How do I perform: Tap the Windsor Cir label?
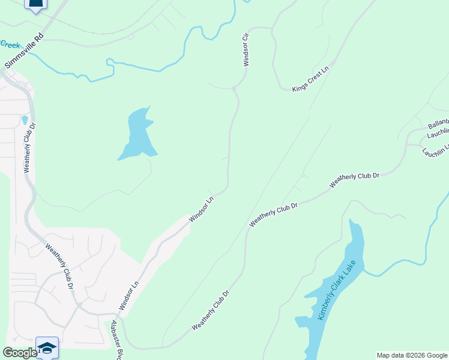click(246, 50)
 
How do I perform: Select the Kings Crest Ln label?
click(311, 79)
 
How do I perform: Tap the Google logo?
click(20, 353)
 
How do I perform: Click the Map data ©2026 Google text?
click(412, 355)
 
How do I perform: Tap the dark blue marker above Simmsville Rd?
click(36, 5)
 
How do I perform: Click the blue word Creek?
click(10, 44)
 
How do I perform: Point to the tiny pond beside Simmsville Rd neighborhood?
click(24, 119)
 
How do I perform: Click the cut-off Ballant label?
click(438, 124)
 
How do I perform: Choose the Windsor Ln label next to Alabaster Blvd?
click(128, 296)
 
